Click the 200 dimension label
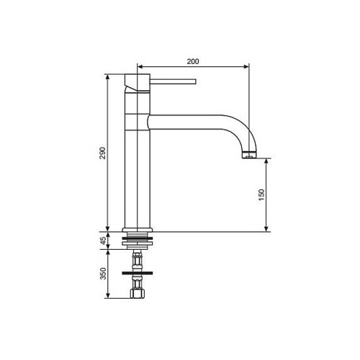coord(193,61)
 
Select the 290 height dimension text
coord(102,153)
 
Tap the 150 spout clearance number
coord(261,195)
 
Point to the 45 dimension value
coord(102,240)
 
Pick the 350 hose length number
coord(102,274)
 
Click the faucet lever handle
coord(173,81)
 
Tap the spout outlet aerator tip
coord(250,156)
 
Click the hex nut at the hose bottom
coord(137,294)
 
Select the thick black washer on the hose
coord(137,273)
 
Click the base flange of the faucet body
coord(137,230)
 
